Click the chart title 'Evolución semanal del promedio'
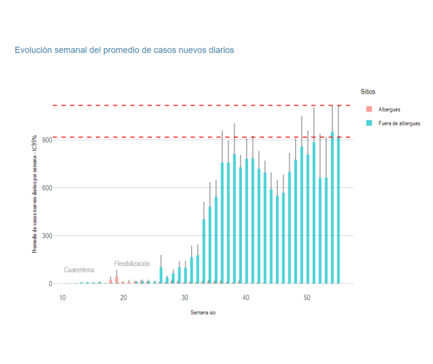click(124, 50)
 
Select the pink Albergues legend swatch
click(369, 110)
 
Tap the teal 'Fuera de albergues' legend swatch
click(369, 124)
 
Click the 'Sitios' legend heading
click(368, 92)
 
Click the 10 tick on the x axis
click(62, 297)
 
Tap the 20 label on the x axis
click(124, 297)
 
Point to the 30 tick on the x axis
click(185, 297)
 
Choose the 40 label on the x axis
click(246, 297)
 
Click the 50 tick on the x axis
click(307, 297)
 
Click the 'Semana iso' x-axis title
click(203, 313)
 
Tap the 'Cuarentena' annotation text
click(79, 270)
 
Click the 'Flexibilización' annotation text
click(132, 264)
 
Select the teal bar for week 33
click(204, 252)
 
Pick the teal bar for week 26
click(161, 275)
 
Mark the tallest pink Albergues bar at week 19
click(117, 280)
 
